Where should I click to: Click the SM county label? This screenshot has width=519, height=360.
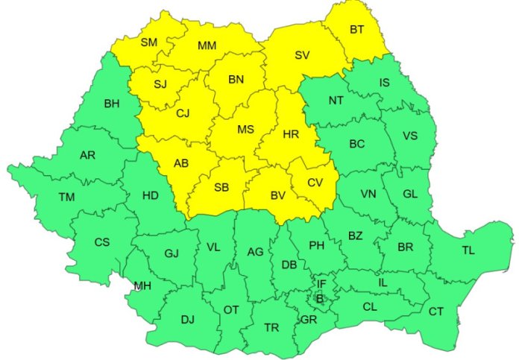[x=149, y=42]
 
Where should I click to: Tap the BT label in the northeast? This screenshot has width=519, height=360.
[x=358, y=30]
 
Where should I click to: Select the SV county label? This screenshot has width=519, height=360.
[x=302, y=55]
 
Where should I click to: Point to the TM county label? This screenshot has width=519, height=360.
[x=66, y=198]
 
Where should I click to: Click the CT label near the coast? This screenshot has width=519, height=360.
[x=436, y=310]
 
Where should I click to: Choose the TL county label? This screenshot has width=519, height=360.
[x=468, y=250]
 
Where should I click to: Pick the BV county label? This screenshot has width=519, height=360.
[x=278, y=196]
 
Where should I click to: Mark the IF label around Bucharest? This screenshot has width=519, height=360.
[x=321, y=284]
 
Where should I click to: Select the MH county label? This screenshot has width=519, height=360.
[x=142, y=286]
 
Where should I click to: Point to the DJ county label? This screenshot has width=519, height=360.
[x=187, y=320]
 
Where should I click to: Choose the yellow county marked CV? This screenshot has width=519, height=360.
[x=315, y=182]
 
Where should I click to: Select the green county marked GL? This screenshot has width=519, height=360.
[x=410, y=194]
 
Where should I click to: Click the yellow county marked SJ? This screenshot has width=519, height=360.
[x=160, y=83]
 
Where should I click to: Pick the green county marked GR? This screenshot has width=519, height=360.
[x=308, y=320]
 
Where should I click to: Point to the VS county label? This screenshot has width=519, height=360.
[x=410, y=136]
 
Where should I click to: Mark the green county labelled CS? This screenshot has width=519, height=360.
[x=102, y=242]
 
